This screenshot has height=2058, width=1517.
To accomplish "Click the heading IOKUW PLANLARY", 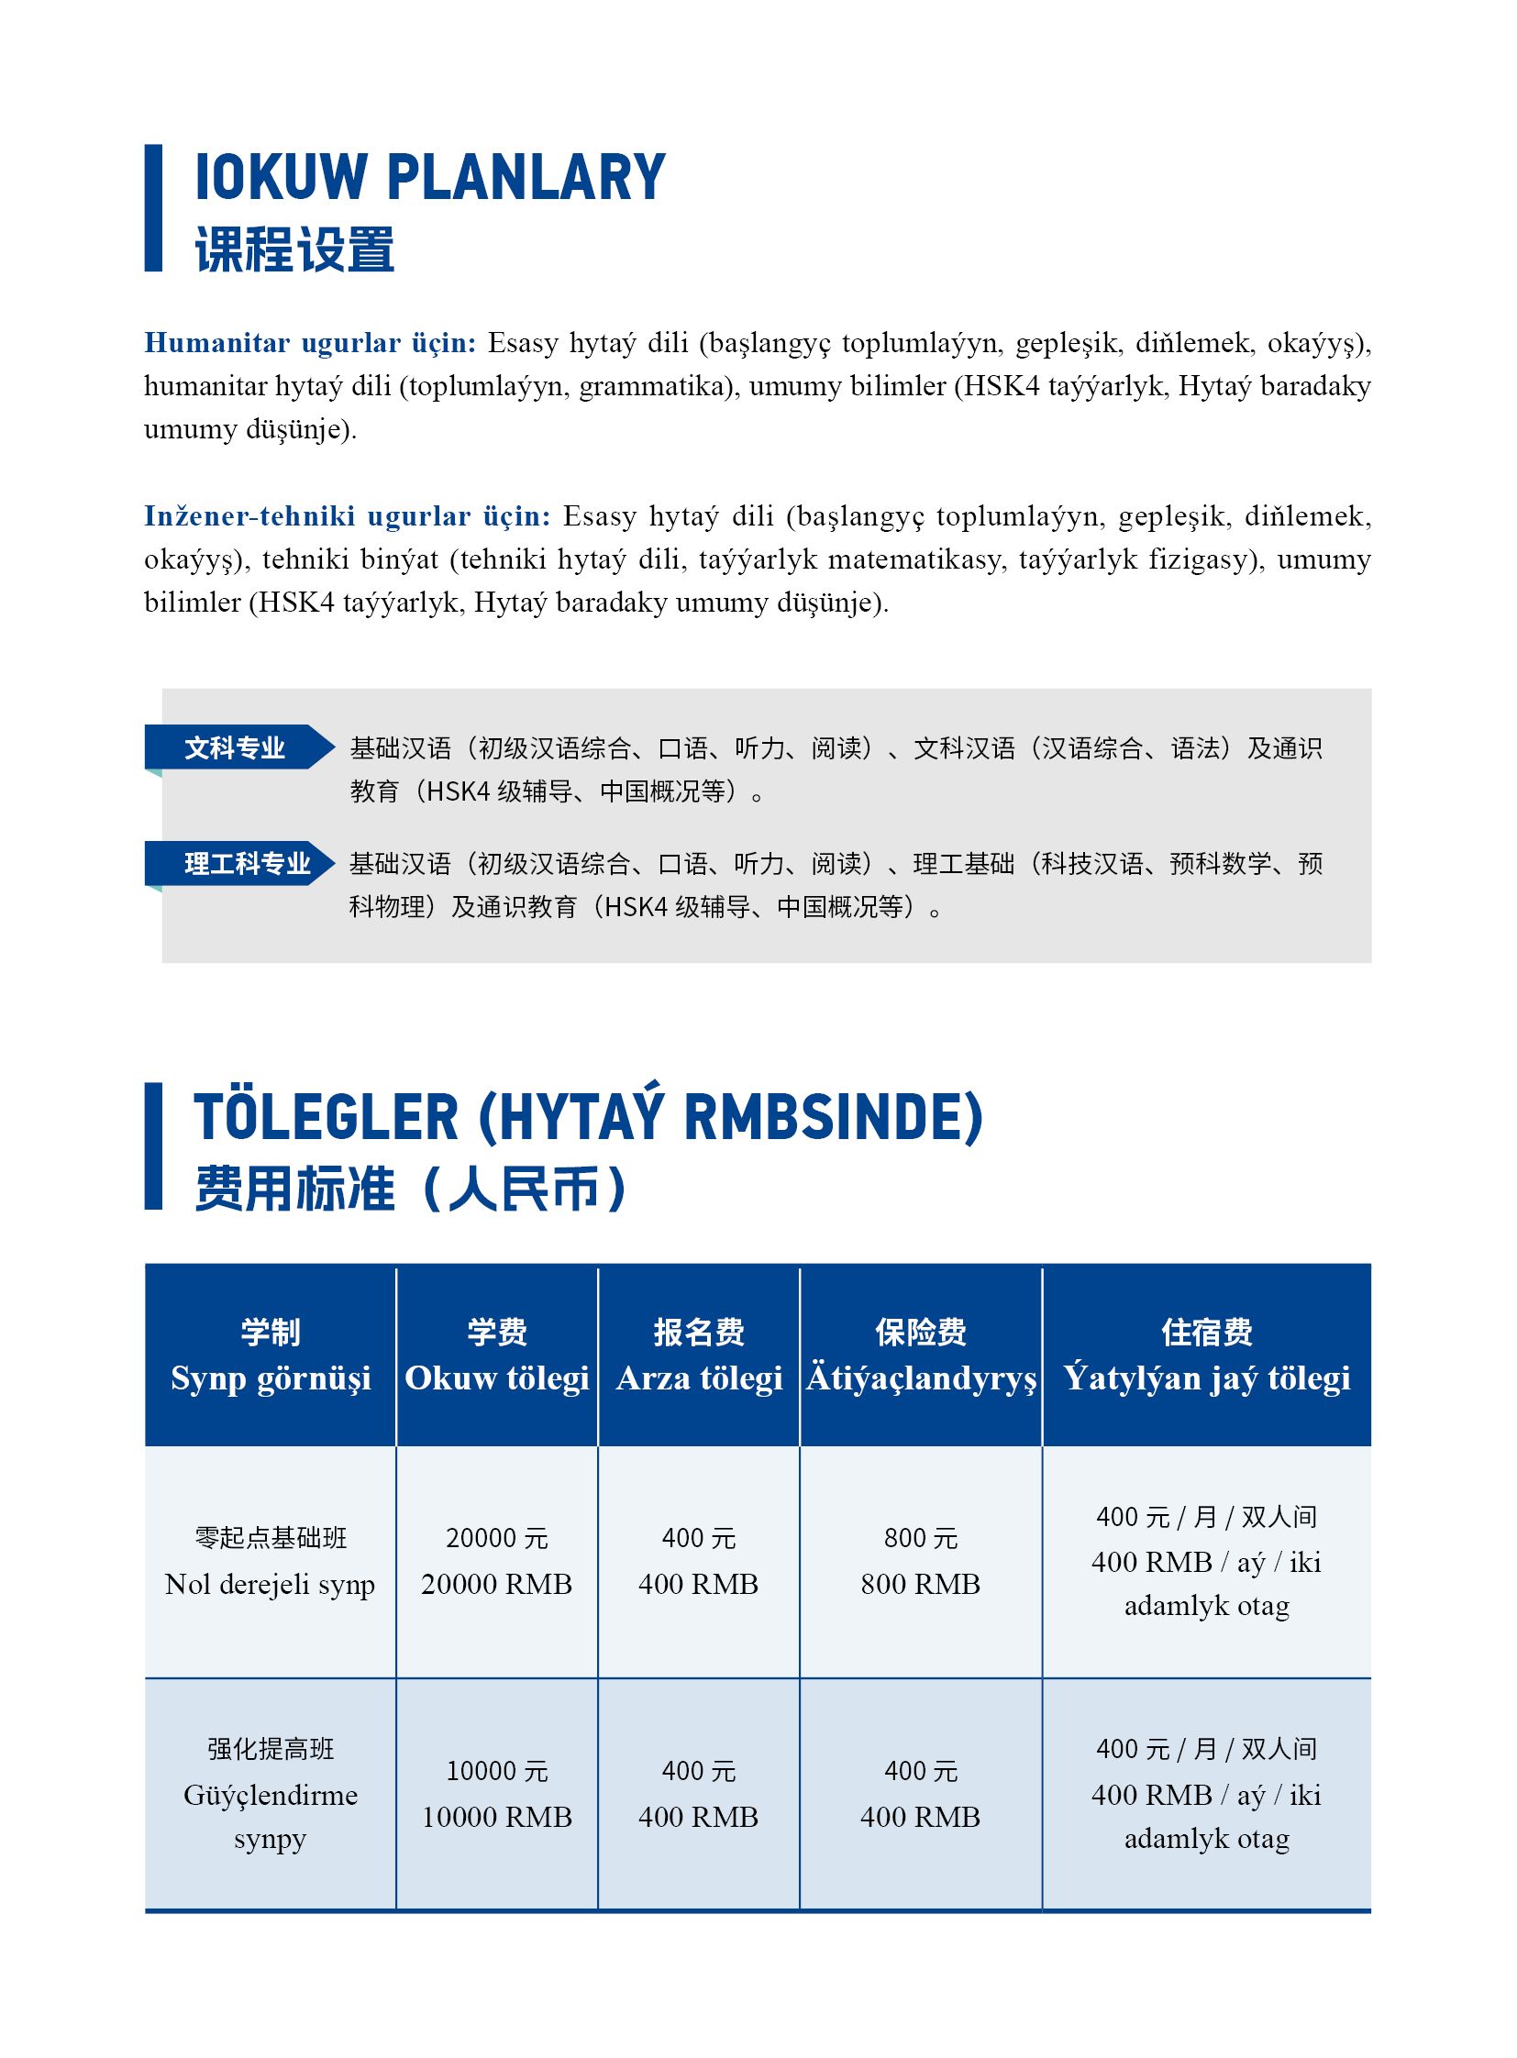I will [430, 177].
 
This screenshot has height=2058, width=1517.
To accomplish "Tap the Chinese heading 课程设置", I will [294, 249].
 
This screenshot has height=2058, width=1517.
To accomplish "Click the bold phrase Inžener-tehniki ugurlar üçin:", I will [347, 516].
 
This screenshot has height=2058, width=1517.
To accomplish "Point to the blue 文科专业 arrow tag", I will [236, 747].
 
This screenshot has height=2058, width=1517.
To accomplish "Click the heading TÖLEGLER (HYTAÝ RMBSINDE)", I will [588, 1118].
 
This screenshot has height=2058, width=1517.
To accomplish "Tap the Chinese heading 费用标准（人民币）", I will [411, 1189].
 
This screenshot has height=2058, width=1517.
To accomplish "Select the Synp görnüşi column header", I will [271, 1355].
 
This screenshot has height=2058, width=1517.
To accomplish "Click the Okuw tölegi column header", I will [497, 1355].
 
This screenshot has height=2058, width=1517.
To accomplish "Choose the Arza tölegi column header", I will [699, 1355].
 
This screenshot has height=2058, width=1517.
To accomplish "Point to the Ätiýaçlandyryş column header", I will [921, 1355].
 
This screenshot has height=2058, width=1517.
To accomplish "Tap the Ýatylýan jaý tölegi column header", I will [1207, 1355].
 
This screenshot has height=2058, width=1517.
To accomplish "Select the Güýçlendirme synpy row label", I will [271, 1795].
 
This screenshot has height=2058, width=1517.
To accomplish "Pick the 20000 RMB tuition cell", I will [497, 1561].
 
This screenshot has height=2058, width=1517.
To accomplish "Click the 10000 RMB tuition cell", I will [497, 1795].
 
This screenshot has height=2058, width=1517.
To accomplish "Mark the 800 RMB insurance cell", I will [921, 1561].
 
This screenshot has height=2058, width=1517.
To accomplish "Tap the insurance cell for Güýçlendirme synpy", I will [921, 1795].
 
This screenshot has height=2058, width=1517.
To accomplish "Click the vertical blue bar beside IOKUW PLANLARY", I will [153, 207].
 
